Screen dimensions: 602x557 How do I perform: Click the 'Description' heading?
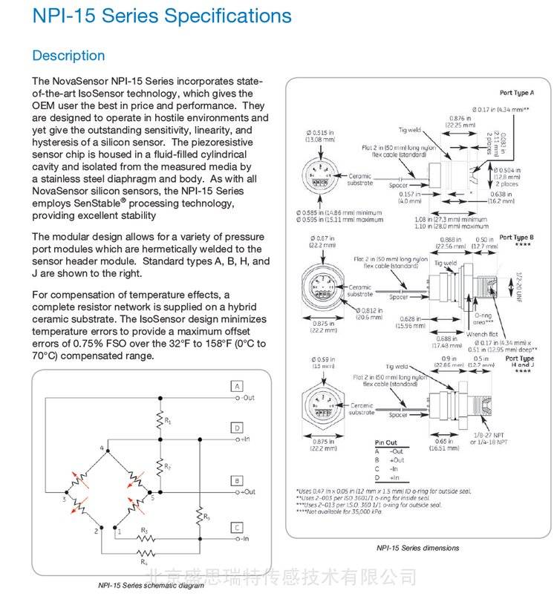point(68,56)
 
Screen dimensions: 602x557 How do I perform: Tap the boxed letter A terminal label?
point(236,387)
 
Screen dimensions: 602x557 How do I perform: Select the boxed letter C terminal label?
point(236,528)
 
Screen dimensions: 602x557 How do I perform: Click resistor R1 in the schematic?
point(158,421)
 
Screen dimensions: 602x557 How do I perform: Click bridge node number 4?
point(102,449)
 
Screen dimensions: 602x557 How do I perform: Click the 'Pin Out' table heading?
point(385,443)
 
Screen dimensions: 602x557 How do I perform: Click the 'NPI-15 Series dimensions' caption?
point(418,548)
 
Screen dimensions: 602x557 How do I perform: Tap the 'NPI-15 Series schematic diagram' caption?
point(151,586)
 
